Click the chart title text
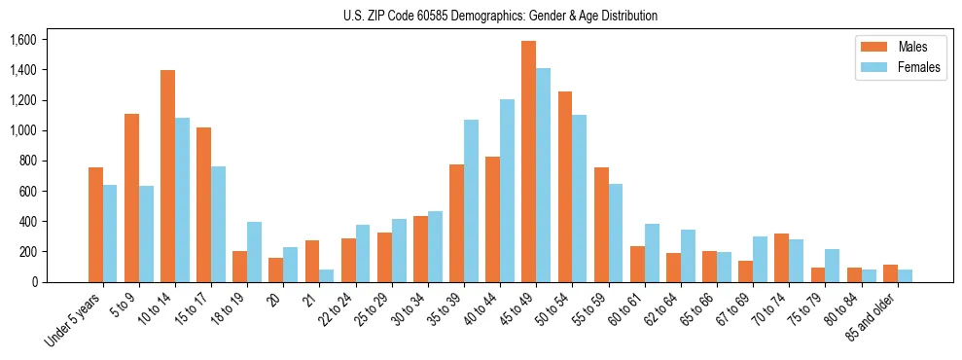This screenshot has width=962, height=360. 500,16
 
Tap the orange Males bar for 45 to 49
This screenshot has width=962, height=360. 528,162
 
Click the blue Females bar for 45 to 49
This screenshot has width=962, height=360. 543,175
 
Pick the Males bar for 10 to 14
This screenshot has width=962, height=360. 167,176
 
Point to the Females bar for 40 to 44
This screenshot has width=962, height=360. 507,191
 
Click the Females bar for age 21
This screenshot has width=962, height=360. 326,276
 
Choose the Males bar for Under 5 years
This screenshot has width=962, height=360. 95,225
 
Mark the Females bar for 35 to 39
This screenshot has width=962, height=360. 471,200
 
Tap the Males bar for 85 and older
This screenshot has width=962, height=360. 890,273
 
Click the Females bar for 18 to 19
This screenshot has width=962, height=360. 254,252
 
